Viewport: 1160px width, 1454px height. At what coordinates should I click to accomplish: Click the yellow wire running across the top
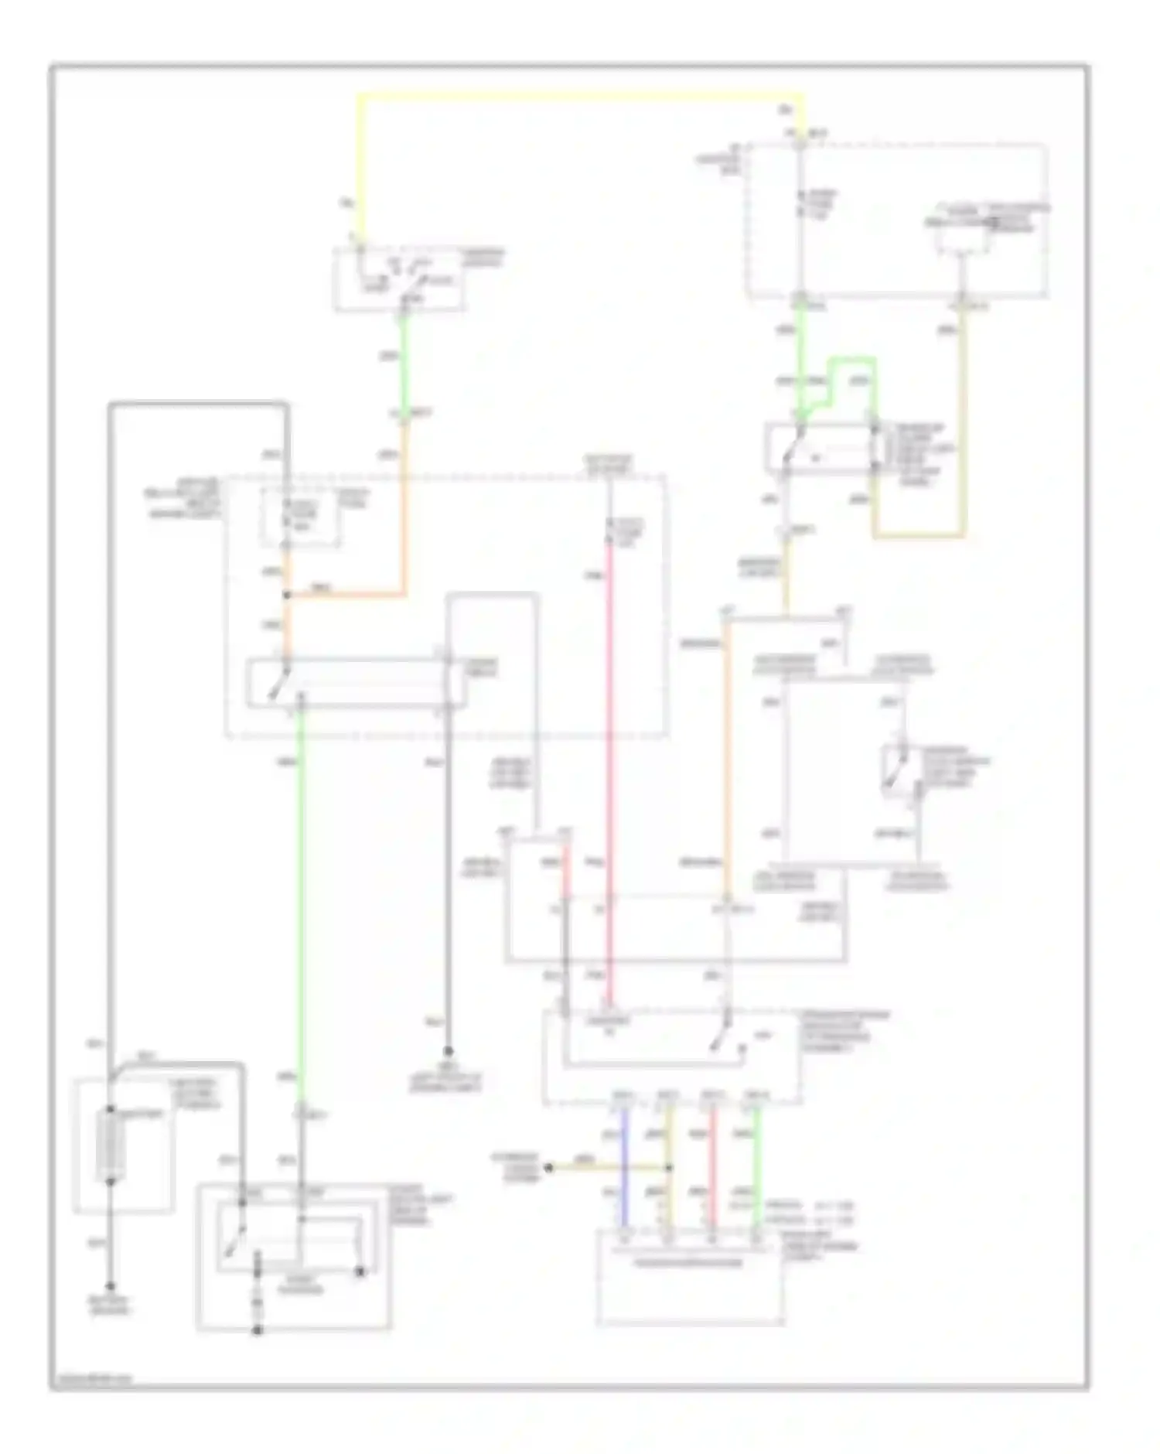pyautogui.click(x=580, y=97)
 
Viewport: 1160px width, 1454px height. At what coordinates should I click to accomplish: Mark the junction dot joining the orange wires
pyautogui.click(x=287, y=595)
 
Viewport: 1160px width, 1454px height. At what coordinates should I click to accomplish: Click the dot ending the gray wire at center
pyautogui.click(x=447, y=1052)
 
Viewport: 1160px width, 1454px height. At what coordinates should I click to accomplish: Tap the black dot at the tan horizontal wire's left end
pyautogui.click(x=548, y=1168)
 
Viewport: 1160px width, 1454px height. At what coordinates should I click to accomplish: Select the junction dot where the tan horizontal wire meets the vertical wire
pyautogui.click(x=670, y=1168)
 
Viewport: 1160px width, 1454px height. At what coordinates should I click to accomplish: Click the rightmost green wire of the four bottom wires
pyautogui.click(x=757, y=1168)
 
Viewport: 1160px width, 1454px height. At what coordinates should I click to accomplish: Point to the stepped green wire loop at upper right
pyautogui.click(x=851, y=360)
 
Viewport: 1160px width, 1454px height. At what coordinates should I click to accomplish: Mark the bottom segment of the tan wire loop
pyautogui.click(x=919, y=535)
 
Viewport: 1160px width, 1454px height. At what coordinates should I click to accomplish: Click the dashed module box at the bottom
pyautogui.click(x=690, y=1276)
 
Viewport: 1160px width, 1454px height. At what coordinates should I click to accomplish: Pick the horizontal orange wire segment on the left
pyautogui.click(x=348, y=595)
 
